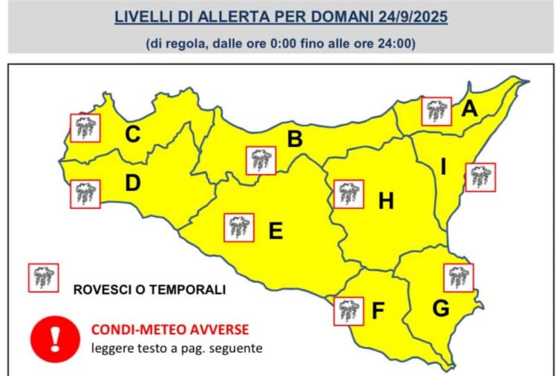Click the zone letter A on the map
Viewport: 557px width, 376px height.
pyautogui.click(x=469, y=110)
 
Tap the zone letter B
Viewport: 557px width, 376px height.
pyautogui.click(x=295, y=140)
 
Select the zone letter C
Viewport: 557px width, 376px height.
pyautogui.click(x=133, y=134)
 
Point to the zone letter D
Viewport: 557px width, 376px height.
pyautogui.click(x=133, y=183)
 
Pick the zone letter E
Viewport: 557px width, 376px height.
pyautogui.click(x=275, y=231)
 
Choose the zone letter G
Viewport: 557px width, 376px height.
pyautogui.click(x=440, y=308)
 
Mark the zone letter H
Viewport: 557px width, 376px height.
pyautogui.click(x=385, y=201)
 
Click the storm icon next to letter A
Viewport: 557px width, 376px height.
pyautogui.click(x=436, y=111)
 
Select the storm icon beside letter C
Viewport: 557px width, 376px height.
pyautogui.click(x=85, y=128)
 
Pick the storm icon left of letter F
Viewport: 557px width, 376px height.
pyautogui.click(x=348, y=311)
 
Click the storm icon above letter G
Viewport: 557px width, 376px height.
pyautogui.click(x=457, y=277)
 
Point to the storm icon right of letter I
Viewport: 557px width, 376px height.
pyautogui.click(x=480, y=177)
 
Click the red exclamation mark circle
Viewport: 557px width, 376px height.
pyautogui.click(x=54, y=337)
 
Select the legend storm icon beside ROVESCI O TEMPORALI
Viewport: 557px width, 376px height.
pyautogui.click(x=42, y=278)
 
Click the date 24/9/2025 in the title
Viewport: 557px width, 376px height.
pyautogui.click(x=412, y=16)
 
